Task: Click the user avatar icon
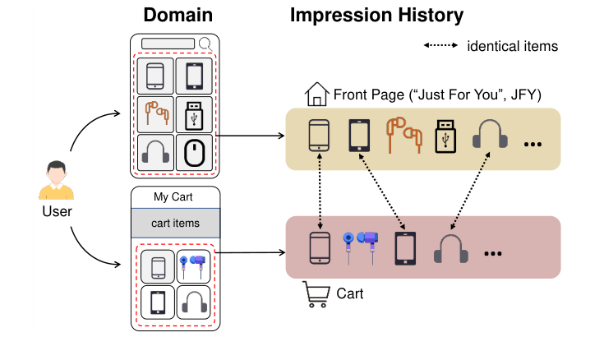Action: pyautogui.click(x=56, y=181)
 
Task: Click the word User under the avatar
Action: pyautogui.click(x=56, y=211)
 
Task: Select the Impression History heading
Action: pyautogui.click(x=376, y=15)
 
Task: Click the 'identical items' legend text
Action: pyautogui.click(x=512, y=46)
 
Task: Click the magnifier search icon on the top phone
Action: pyautogui.click(x=205, y=44)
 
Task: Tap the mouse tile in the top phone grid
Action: pyautogui.click(x=194, y=153)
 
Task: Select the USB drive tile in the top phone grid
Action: pyautogui.click(x=194, y=114)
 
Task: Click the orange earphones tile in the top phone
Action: pyautogui.click(x=156, y=114)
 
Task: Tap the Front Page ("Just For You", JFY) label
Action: pyautogui.click(x=436, y=95)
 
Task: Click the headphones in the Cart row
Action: pyautogui.click(x=451, y=248)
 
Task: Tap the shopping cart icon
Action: pyautogui.click(x=316, y=293)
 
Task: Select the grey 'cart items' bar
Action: pyautogui.click(x=176, y=223)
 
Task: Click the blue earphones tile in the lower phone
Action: pyautogui.click(x=194, y=265)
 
